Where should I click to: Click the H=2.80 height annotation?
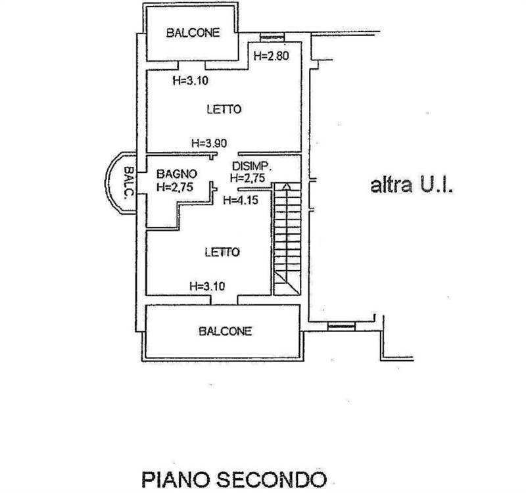271,57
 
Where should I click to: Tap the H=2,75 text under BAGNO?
174,187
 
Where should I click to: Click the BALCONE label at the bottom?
225,331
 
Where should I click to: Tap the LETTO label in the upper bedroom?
222,109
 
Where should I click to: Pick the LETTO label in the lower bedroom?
222,251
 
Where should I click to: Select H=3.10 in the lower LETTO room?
207,286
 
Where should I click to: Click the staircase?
286,237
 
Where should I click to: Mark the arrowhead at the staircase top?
286,186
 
